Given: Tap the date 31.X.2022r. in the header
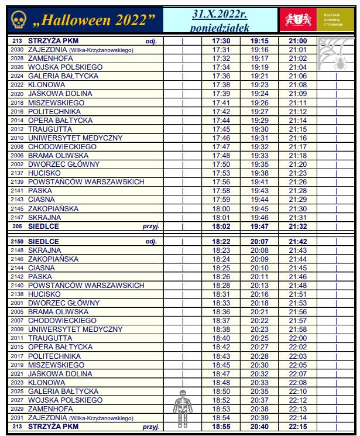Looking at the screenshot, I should point(220,14).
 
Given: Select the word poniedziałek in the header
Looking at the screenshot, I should point(220,28).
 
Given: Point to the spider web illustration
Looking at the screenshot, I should point(334,54).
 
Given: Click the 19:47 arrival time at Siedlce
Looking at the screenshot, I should point(259,226).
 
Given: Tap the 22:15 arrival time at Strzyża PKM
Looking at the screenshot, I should point(297,427).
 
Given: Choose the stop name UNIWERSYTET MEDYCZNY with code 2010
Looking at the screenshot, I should point(75,138).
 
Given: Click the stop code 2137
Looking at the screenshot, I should point(17,173).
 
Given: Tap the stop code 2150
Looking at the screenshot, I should point(17,241).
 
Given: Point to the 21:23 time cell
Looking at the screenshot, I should point(297,173).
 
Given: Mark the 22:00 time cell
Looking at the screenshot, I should point(297,338).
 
